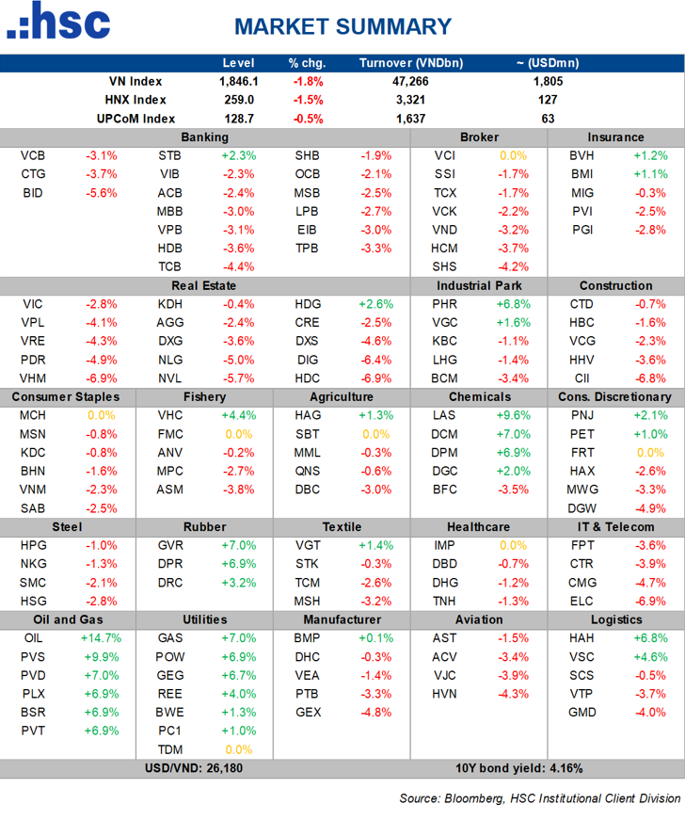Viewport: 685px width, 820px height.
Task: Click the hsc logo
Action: coord(58,23)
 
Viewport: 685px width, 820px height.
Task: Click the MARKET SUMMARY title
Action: coord(342,26)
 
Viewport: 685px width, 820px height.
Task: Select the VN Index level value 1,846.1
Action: coord(238,82)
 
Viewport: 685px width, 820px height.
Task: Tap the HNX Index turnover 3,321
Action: coord(410,100)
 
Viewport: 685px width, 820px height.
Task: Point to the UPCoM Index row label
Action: coord(135,119)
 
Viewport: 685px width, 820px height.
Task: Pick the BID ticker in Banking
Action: coord(32,193)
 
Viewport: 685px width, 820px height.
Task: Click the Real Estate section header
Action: coord(204,285)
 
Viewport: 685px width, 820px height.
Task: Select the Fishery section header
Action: coord(204,396)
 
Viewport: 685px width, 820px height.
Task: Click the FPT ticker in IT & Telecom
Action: coord(581,545)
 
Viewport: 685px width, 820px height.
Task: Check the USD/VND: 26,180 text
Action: coord(204,767)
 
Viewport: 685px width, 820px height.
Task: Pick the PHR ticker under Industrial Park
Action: coord(444,304)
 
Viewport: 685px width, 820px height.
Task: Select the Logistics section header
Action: coord(616,619)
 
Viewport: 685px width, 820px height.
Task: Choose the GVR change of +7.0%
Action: coord(238,545)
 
